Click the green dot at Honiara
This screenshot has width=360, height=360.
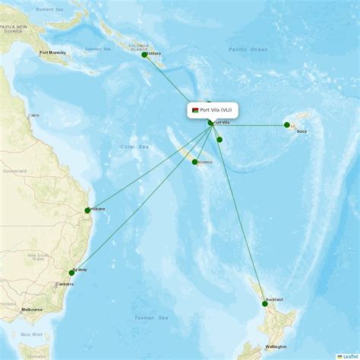(x=144, y=55)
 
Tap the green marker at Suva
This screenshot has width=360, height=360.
(x=287, y=125)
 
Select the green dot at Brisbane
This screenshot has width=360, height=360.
(x=87, y=210)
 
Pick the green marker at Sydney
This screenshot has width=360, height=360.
(x=72, y=272)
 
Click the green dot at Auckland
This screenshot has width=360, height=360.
(x=265, y=303)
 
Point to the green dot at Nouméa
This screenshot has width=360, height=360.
(x=195, y=162)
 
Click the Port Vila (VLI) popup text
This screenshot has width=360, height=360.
(x=217, y=110)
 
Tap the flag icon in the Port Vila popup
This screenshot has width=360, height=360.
(x=196, y=110)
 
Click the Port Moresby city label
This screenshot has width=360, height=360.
(x=52, y=53)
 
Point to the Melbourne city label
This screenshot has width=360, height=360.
(x=32, y=310)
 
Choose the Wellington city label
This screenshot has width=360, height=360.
(x=276, y=346)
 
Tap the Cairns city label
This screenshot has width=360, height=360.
(x=33, y=115)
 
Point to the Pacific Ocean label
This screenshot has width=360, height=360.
(x=248, y=49)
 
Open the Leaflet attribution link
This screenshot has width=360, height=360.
(x=349, y=355)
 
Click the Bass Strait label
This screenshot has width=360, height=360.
(x=31, y=333)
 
